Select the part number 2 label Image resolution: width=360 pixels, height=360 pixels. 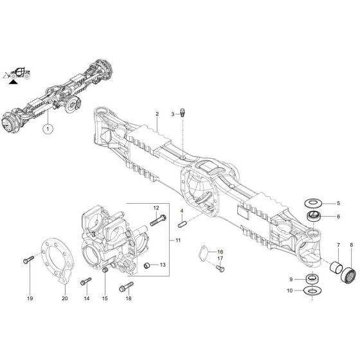tap(156, 114)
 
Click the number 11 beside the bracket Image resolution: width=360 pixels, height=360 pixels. tap(178, 240)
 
